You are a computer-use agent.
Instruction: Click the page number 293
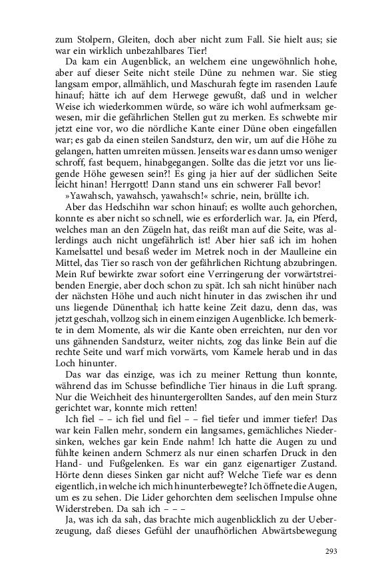click(x=333, y=552)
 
